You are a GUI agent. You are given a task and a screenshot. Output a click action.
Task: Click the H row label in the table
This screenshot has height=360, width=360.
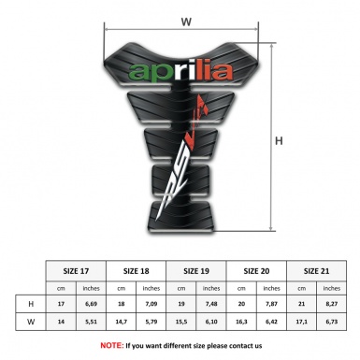pos(32,304)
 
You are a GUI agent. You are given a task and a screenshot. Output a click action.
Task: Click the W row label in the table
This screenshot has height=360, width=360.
pos(32,324)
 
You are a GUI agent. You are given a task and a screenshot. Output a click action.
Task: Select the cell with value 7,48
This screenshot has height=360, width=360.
pos(212,304)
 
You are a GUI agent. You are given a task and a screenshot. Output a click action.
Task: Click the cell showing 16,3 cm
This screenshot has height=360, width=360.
pos(242,324)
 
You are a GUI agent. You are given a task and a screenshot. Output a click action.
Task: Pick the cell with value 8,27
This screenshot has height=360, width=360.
pos(333,304)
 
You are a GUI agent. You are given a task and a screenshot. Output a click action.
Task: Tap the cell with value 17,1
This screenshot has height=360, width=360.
pos(302,324)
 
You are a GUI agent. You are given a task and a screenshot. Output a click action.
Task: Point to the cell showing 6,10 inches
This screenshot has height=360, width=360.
pos(212,324)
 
